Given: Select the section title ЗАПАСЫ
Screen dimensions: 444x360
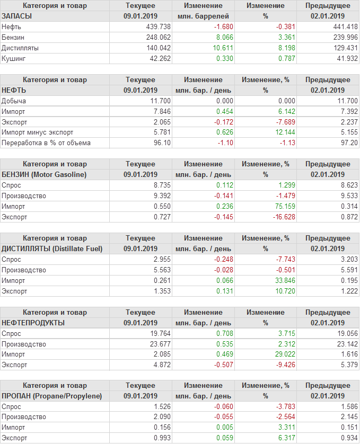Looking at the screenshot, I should click(x=17, y=16).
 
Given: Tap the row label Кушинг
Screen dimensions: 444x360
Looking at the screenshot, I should click(x=14, y=58).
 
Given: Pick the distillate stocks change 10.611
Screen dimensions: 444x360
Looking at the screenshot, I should click(x=221, y=48).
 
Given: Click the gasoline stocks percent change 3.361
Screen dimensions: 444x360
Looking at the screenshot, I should click(x=279, y=37).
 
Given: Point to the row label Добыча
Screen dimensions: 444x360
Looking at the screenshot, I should click(x=14, y=101).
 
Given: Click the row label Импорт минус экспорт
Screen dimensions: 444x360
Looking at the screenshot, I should click(x=38, y=132).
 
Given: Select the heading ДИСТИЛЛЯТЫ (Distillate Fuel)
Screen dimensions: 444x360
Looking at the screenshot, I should click(x=52, y=248).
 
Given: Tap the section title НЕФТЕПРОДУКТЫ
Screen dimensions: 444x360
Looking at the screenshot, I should click(x=33, y=323).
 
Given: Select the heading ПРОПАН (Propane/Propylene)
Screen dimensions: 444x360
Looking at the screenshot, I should click(x=51, y=396).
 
